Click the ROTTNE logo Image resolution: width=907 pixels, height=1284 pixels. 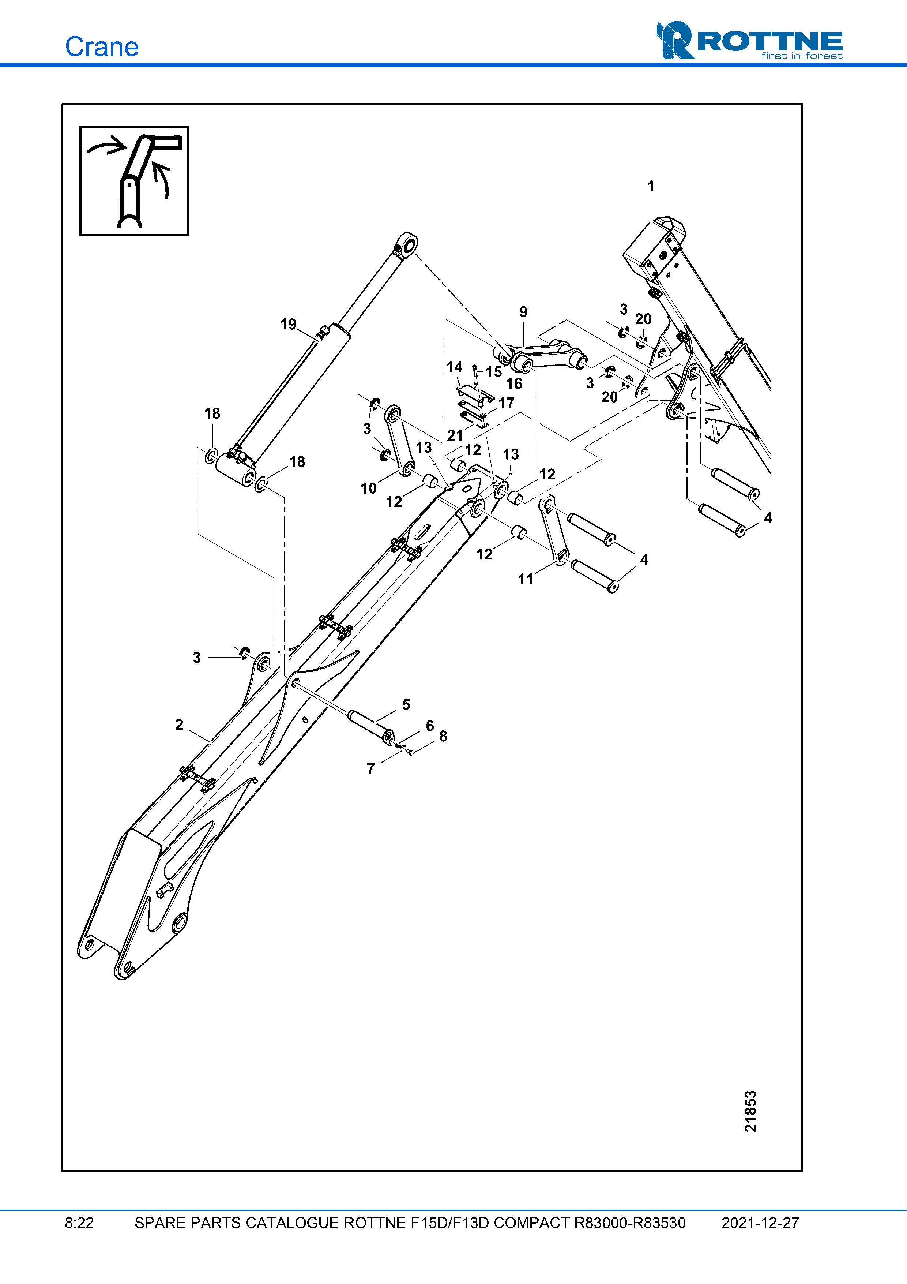click(x=749, y=41)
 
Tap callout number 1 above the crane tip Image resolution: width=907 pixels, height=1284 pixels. click(x=651, y=186)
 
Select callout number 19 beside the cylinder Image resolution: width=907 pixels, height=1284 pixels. click(x=288, y=324)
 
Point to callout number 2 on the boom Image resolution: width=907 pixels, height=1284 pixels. click(x=179, y=725)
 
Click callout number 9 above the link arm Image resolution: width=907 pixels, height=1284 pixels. click(x=523, y=312)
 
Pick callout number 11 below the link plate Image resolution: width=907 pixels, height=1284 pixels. click(x=525, y=579)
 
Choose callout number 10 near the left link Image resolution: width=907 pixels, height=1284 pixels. click(x=368, y=488)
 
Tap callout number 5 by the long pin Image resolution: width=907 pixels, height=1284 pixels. click(x=406, y=705)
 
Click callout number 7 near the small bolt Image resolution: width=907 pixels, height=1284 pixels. click(x=370, y=769)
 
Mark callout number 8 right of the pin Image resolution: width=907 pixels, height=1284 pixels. click(x=443, y=737)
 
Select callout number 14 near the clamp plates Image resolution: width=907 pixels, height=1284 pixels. click(x=454, y=367)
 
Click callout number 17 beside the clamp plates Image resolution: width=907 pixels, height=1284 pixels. click(x=506, y=403)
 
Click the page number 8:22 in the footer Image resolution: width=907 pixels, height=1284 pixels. click(x=79, y=1223)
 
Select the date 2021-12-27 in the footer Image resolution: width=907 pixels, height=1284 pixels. click(x=760, y=1223)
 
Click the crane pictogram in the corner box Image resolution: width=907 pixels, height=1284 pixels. click(x=134, y=181)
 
